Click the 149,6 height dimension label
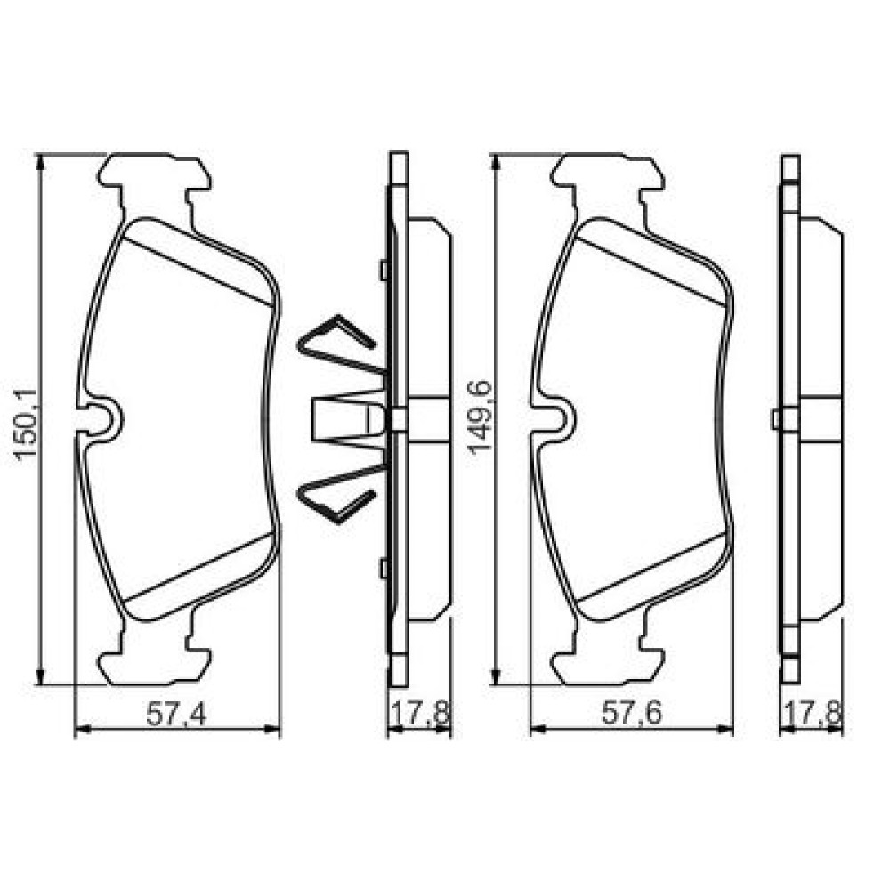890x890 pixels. click(x=480, y=417)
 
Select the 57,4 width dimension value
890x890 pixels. click(x=176, y=714)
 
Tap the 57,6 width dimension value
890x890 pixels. click(x=632, y=714)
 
